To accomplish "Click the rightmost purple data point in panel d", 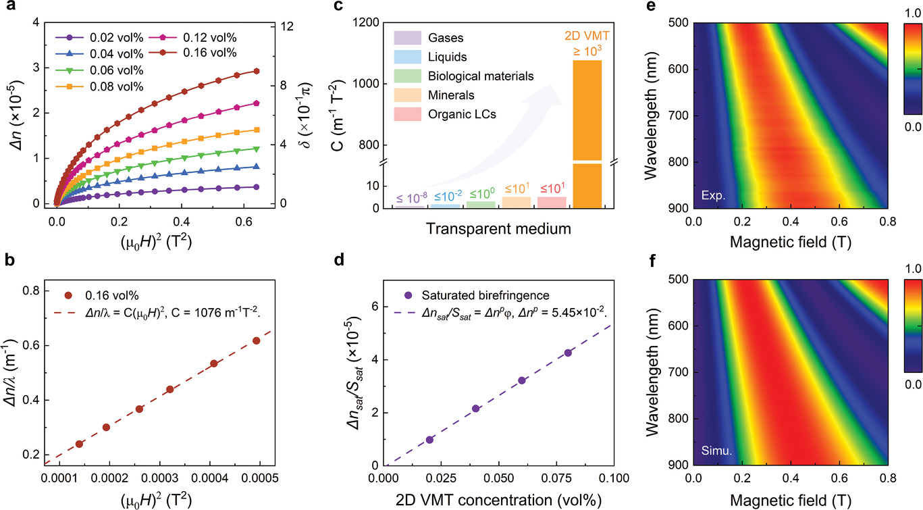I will click(568, 353).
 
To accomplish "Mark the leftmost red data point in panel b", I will click(80, 444).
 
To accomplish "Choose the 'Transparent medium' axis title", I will click(499, 229).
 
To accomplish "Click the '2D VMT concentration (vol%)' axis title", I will click(498, 499).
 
